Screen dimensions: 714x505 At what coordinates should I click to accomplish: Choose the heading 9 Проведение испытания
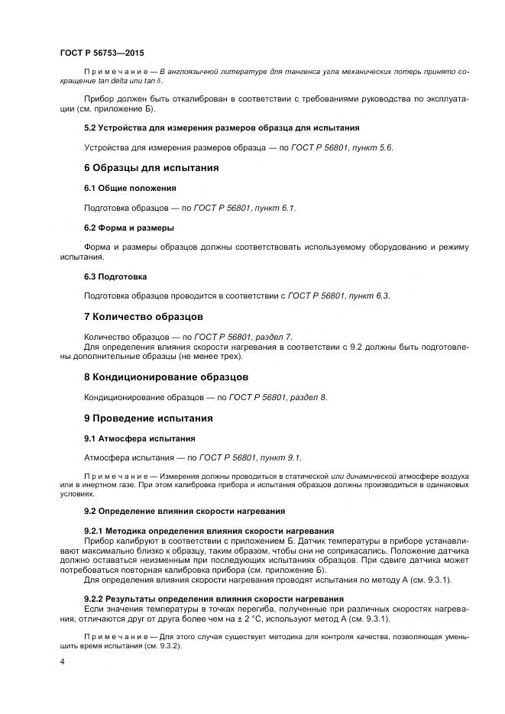pos(148,418)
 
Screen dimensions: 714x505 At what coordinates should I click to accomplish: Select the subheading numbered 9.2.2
pos(213,598)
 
